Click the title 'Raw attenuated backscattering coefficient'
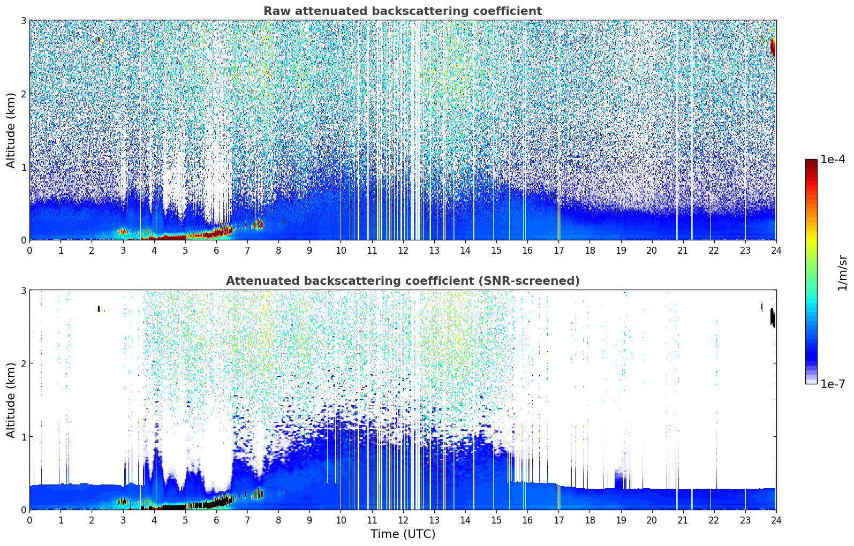tap(402, 11)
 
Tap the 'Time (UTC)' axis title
tap(403, 534)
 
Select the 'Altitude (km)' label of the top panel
tap(11, 130)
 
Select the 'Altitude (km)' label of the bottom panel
tap(11, 400)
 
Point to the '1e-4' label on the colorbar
tap(833, 160)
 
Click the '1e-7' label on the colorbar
tap(833, 384)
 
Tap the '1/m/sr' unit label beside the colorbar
tap(842, 272)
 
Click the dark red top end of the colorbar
tap(811, 162)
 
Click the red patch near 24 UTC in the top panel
tap(773, 47)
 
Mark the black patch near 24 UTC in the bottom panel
tap(773, 317)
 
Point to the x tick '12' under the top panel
tap(403, 251)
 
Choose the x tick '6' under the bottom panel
tap(216, 520)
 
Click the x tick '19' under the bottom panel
tap(621, 520)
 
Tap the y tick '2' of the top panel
tap(23, 94)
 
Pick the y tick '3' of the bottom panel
tap(23, 290)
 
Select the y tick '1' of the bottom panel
tap(23, 437)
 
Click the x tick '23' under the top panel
tap(745, 251)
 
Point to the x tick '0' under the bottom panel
tap(29, 520)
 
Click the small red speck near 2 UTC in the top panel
tap(99, 40)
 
